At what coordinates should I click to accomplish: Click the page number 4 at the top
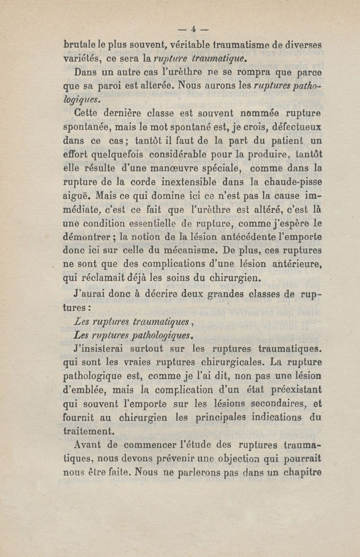[193, 29]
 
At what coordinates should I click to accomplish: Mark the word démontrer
[89, 238]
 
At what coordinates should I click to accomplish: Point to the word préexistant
[297, 390]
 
